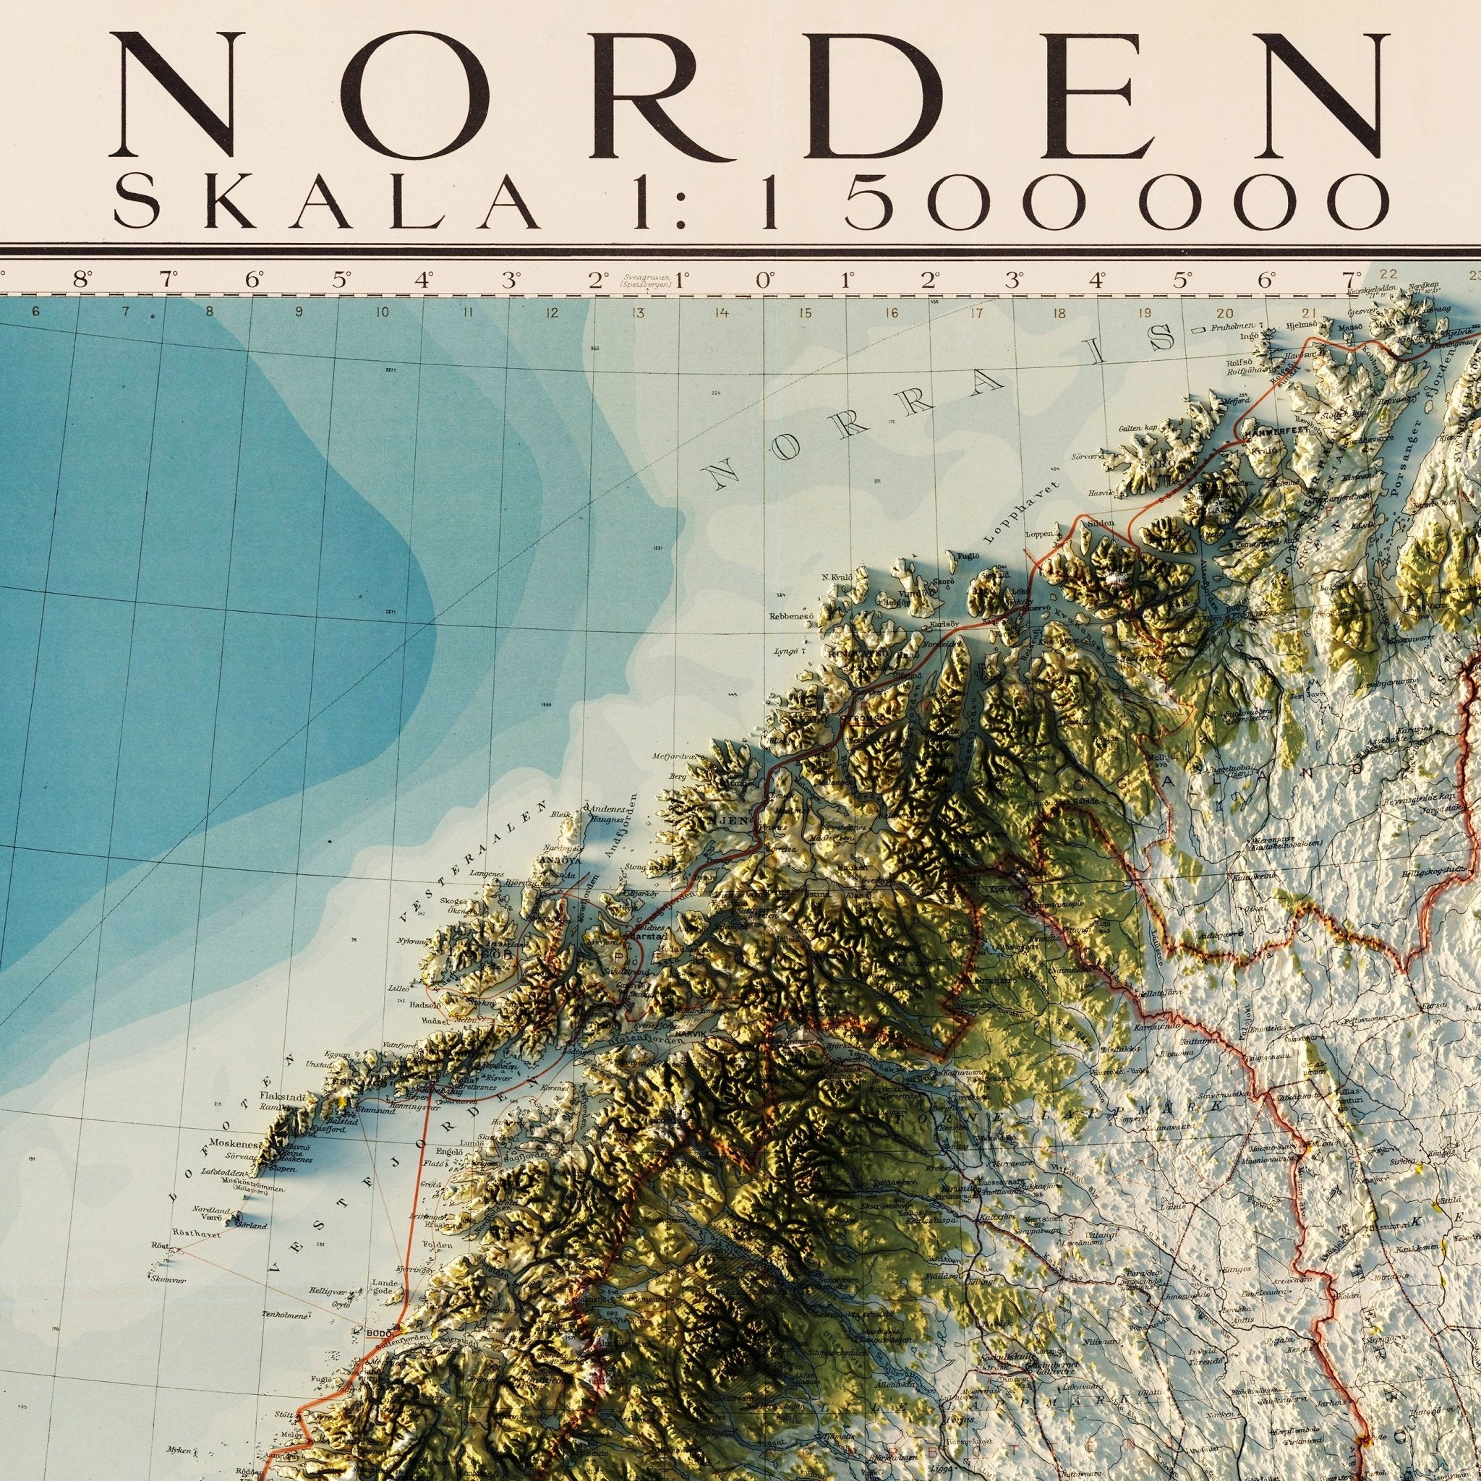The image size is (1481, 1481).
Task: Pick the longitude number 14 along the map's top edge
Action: click(720, 312)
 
